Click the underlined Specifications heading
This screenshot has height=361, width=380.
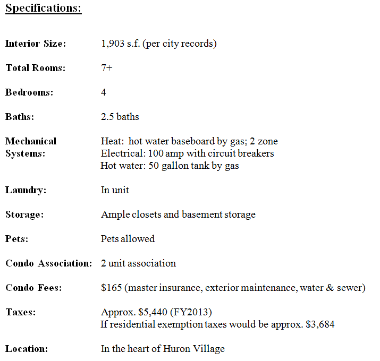(44, 9)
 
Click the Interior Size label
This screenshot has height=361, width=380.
(36, 44)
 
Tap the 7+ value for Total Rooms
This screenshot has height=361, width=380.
(106, 68)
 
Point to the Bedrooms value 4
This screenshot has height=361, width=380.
(104, 92)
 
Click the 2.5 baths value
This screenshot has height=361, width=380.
(120, 117)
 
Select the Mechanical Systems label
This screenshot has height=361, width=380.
(30, 147)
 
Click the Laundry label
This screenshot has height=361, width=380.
(26, 190)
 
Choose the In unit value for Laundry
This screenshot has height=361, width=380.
(115, 190)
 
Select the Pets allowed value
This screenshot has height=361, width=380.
(128, 239)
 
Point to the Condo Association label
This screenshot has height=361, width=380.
(48, 263)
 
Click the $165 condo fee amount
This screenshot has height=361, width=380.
(111, 288)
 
